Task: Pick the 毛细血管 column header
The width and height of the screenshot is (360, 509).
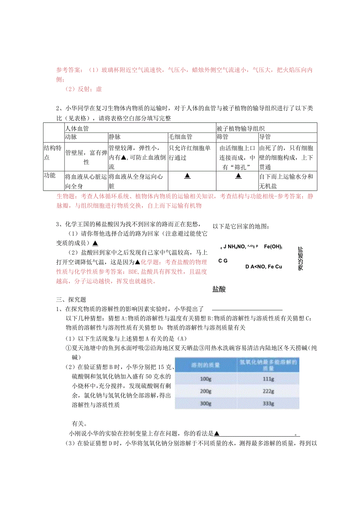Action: point(180,137)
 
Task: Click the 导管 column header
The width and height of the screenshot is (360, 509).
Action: point(265,137)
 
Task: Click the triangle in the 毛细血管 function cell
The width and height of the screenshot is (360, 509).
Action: point(187,176)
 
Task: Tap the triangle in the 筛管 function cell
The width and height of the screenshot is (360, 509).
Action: point(238,176)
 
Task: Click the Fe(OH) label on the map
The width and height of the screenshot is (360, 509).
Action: point(273,246)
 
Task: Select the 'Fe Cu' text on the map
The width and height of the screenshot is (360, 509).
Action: point(274,267)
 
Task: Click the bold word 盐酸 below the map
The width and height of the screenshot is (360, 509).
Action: point(219,290)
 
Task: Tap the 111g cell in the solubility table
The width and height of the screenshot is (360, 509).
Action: point(268,379)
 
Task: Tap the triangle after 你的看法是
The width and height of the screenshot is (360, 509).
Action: point(217,433)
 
